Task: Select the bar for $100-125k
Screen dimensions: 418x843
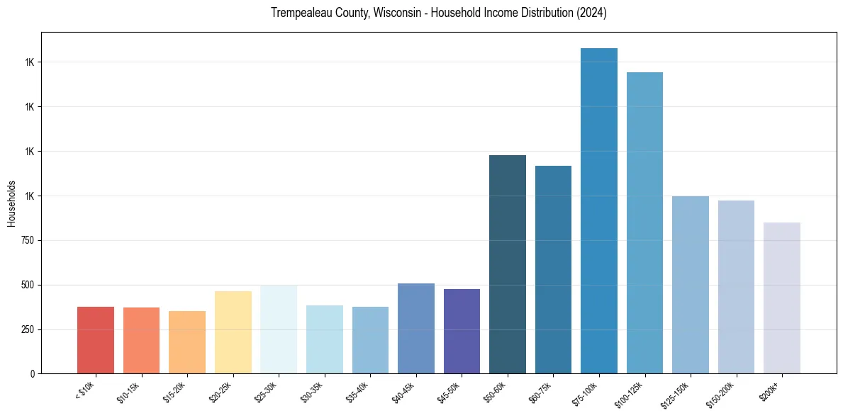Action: [644, 223]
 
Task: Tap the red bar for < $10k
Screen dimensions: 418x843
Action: [96, 340]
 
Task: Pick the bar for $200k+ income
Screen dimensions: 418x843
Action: [781, 298]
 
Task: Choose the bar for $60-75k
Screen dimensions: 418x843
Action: [553, 270]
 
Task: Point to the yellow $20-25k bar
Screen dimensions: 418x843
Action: [233, 332]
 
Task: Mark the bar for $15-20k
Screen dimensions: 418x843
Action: [187, 342]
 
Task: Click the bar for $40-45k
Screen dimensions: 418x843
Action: [416, 328]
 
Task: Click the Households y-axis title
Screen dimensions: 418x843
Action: [11, 203]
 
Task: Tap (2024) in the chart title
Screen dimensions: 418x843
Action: [591, 13]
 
